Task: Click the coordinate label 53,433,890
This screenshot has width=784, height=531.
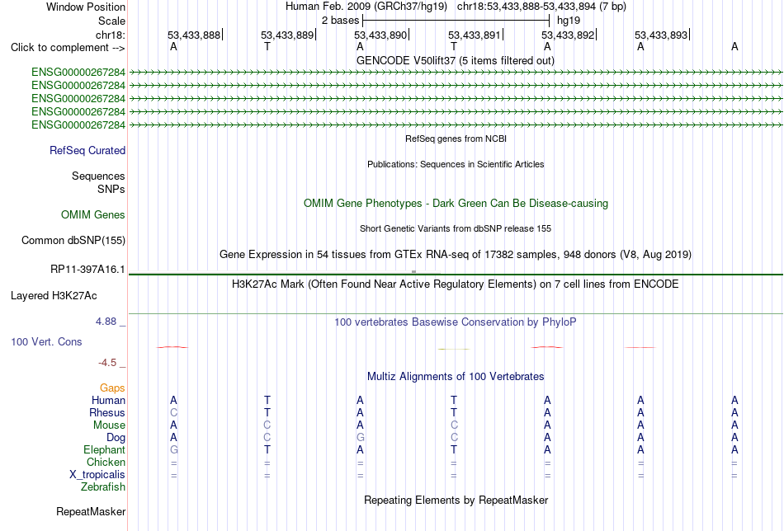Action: click(380, 35)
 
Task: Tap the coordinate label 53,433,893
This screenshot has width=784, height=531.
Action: click(661, 35)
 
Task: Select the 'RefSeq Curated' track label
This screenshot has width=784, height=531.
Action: click(87, 150)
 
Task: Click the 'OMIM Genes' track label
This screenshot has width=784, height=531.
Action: click(93, 215)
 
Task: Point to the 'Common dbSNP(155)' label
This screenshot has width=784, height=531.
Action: click(73, 240)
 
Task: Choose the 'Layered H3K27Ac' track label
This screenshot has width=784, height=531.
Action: click(54, 296)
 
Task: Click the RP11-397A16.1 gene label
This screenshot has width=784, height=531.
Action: click(87, 270)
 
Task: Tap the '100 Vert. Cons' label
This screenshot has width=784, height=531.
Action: click(46, 341)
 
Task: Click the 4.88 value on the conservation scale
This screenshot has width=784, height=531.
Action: click(106, 322)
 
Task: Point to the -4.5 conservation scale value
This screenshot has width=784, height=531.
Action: click(107, 363)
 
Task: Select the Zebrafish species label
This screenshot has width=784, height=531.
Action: click(103, 486)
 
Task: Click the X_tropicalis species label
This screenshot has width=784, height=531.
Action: click(97, 475)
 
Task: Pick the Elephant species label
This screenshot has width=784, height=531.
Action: click(105, 449)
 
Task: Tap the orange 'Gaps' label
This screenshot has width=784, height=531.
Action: click(112, 388)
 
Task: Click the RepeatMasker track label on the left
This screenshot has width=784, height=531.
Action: click(91, 511)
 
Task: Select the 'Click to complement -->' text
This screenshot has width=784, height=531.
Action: click(68, 48)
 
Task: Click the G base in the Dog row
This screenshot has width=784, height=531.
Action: click(360, 438)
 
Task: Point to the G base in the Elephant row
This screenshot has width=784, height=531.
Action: click(173, 449)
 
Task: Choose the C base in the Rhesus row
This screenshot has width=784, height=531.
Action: click(173, 412)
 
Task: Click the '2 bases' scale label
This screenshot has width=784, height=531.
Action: click(341, 21)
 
